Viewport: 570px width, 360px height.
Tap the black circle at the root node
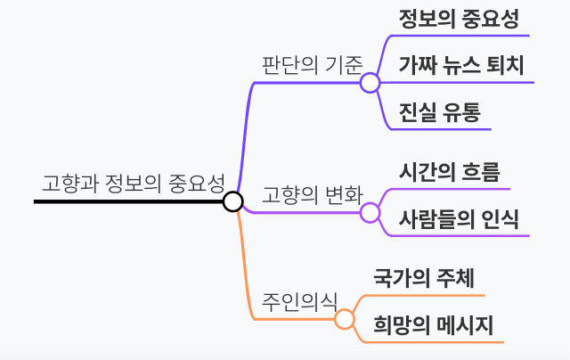coord(232,201)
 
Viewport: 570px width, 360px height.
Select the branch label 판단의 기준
coord(312,65)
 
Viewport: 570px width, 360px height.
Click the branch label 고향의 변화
coord(312,195)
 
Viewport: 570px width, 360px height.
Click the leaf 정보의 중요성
coord(459,18)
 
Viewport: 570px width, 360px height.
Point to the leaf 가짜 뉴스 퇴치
coord(461,65)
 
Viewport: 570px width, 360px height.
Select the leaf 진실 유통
coord(439,112)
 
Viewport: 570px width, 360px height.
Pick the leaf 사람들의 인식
coord(459,218)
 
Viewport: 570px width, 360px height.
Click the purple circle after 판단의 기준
coord(370,83)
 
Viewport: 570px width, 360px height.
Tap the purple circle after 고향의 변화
coord(370,213)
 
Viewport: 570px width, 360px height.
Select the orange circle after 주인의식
coord(344,318)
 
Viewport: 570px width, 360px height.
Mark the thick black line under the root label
coord(125,202)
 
